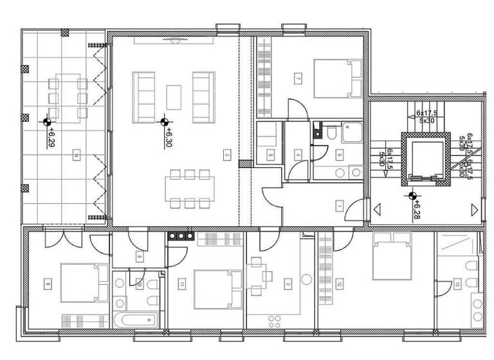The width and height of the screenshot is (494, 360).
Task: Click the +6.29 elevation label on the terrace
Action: point(51,137)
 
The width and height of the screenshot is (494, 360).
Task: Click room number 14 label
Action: point(77,154)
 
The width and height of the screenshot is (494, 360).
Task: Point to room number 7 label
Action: point(298,78)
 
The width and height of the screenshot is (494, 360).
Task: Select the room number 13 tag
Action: point(457,283)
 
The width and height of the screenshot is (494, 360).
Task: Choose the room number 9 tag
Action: point(48,283)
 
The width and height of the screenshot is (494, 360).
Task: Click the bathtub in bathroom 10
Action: point(135,319)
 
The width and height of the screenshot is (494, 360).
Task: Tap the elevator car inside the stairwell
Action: point(423,159)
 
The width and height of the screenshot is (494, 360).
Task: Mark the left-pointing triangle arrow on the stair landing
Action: point(378,209)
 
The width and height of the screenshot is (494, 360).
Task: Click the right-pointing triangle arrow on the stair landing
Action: point(474,209)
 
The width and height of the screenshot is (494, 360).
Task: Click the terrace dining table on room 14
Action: point(67,96)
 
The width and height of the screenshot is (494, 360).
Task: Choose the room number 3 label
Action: point(288,283)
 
